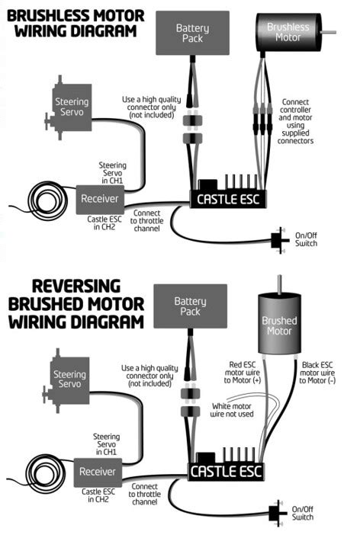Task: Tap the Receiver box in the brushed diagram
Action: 97,472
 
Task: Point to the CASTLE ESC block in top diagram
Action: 226,199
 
